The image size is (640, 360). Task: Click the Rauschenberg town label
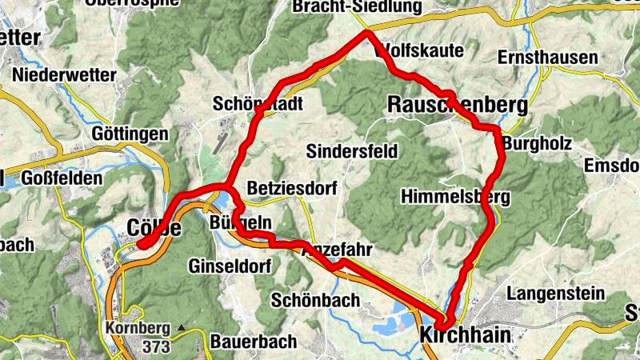tap(458, 105)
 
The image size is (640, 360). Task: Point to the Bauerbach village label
tap(254, 342)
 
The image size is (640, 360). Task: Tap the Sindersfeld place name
tap(351, 150)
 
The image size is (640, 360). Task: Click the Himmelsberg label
tap(457, 196)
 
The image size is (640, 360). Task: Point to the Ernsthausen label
tap(547, 58)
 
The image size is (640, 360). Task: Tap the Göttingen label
tap(130, 133)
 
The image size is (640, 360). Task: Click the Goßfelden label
tap(60, 177)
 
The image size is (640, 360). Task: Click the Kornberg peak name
tap(137, 328)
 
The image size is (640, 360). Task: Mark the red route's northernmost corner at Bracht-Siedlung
tap(367, 33)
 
